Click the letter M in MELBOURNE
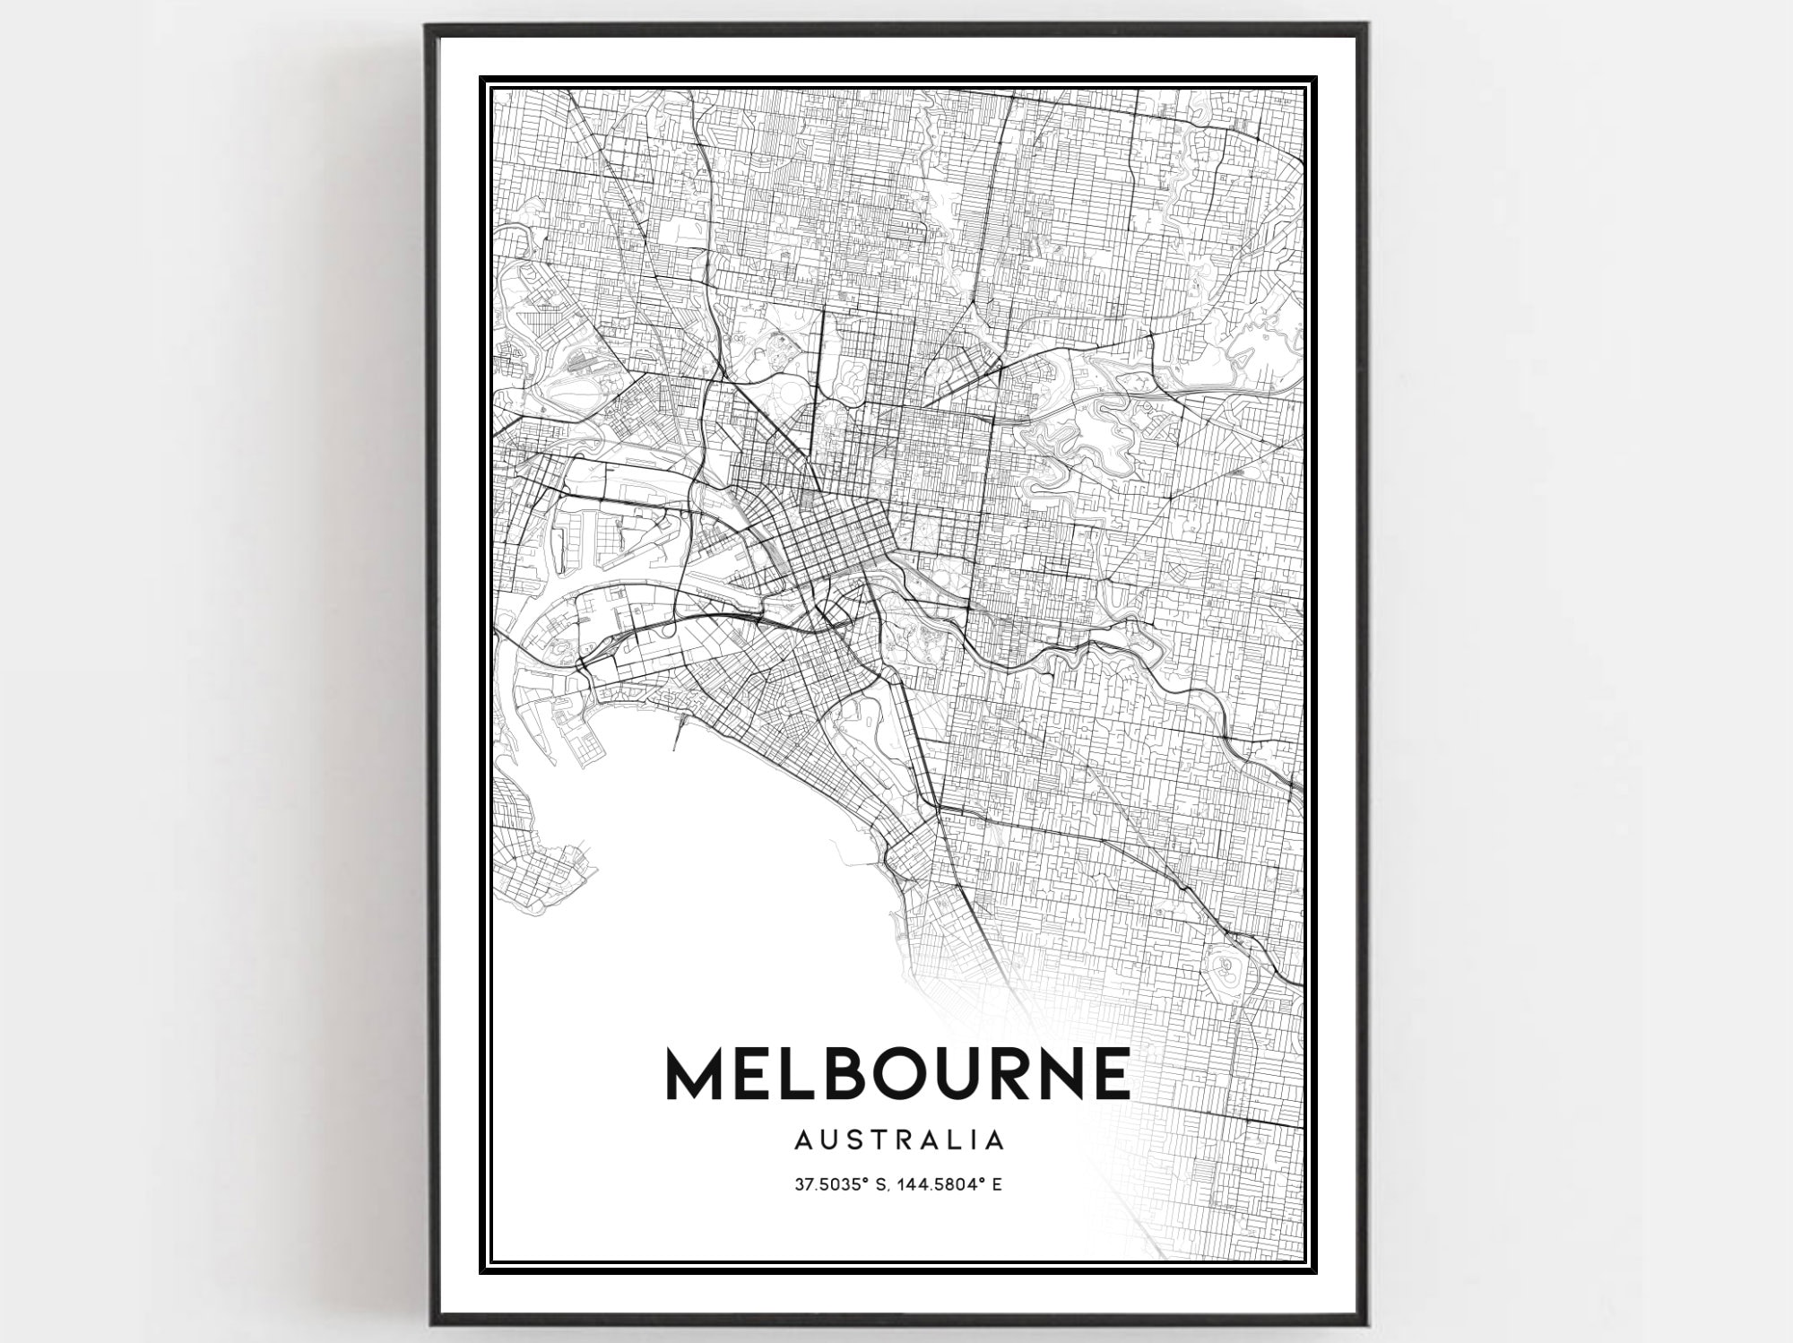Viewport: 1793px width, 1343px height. tap(697, 1073)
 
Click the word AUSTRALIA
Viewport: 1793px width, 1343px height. tap(898, 1140)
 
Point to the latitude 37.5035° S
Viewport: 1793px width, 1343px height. tap(837, 1185)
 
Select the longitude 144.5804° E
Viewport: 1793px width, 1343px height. tap(951, 1185)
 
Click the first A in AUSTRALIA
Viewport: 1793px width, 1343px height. tap(803, 1140)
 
